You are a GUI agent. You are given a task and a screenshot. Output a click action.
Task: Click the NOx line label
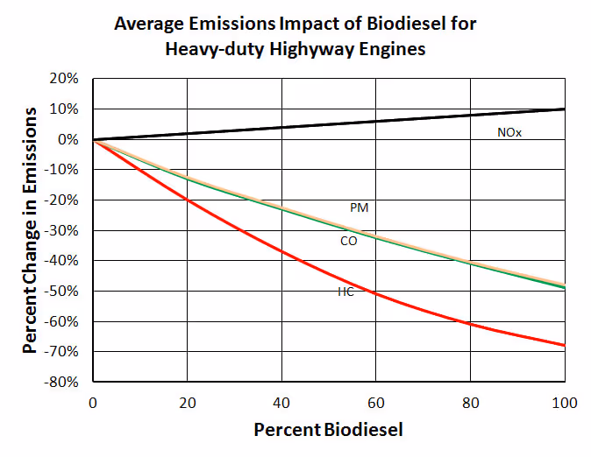[x=509, y=133]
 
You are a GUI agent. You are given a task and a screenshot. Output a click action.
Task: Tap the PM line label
[x=358, y=207]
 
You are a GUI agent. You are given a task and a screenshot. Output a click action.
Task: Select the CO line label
[x=348, y=241]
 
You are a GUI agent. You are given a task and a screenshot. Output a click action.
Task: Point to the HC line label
[x=345, y=292]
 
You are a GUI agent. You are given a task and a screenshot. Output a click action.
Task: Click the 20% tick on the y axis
[x=67, y=79]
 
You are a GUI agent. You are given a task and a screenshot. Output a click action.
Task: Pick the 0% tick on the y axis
[x=70, y=139]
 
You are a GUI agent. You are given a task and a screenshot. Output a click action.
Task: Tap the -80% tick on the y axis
[x=64, y=382]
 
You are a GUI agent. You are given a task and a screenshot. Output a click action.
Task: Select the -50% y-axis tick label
[x=64, y=291]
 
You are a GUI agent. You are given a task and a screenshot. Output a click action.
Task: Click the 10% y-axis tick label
[x=67, y=109]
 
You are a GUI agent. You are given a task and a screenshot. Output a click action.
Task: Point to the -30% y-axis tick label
[x=64, y=230]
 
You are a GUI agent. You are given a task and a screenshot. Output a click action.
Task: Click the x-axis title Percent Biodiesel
[x=328, y=431]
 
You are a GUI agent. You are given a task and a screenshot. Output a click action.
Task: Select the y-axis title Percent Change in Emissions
[x=31, y=230]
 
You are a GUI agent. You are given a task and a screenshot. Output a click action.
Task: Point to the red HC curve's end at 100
[x=564, y=345]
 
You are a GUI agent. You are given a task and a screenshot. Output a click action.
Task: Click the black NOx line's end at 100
[x=564, y=109]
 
